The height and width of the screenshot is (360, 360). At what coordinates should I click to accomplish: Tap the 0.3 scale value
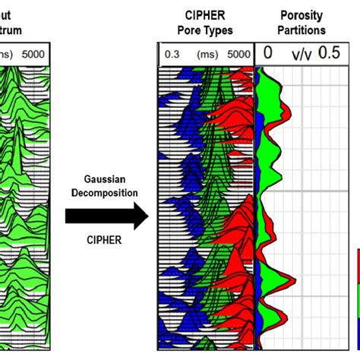(172, 54)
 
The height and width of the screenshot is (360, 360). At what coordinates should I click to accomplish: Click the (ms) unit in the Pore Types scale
(206, 54)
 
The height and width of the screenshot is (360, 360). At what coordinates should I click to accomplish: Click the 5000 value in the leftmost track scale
(33, 54)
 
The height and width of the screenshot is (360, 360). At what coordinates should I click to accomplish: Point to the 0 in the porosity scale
(268, 54)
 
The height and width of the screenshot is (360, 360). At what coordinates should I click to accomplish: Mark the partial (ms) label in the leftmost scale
(6, 54)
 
